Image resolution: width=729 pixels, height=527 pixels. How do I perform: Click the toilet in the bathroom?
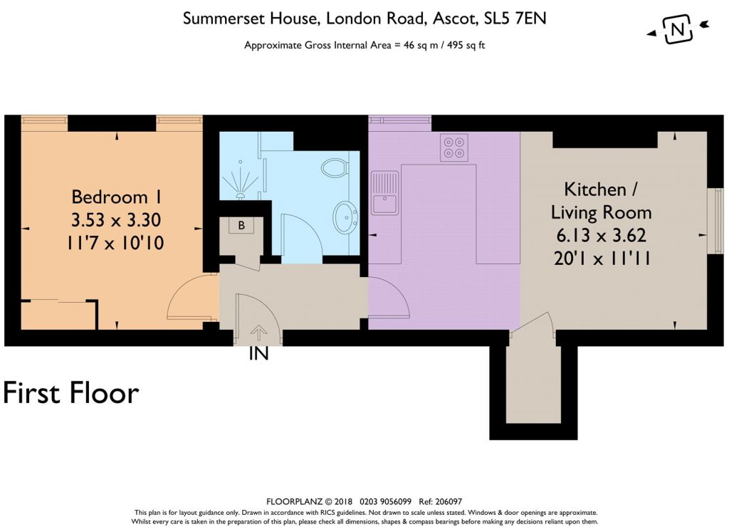pyautogui.click(x=335, y=168)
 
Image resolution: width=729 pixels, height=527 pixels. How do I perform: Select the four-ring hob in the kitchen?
pyautogui.click(x=453, y=147)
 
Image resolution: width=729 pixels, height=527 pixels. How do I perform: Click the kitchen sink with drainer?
pyautogui.click(x=384, y=192)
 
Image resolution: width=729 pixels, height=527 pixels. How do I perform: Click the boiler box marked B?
pyautogui.click(x=241, y=226)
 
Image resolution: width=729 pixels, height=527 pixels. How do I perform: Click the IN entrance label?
pyautogui.click(x=258, y=354)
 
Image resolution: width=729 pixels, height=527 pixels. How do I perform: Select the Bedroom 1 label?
pyautogui.click(x=116, y=197)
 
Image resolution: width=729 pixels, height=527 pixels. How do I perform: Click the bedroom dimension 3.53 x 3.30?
pyautogui.click(x=116, y=220)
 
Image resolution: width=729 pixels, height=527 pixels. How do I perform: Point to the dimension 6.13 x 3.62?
pyautogui.click(x=601, y=235)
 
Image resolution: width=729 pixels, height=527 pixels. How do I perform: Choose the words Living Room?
pyautogui.click(x=601, y=212)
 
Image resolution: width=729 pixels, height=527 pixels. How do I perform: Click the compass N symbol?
pyautogui.click(x=678, y=30)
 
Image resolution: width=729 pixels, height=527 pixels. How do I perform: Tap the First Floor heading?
pyautogui.click(x=70, y=393)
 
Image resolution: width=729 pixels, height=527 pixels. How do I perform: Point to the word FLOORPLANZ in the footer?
pyautogui.click(x=294, y=501)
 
